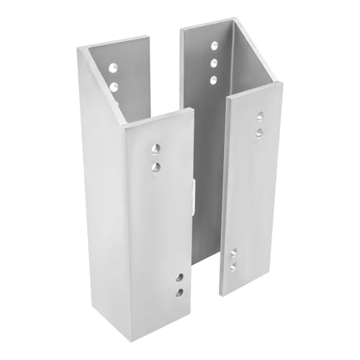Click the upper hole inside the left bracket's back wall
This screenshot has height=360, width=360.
[x=113, y=70]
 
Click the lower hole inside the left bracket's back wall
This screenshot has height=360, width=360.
[x=113, y=86]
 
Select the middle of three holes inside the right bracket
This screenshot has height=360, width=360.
[x=214, y=63]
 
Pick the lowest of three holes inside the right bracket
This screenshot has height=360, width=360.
[x=214, y=78]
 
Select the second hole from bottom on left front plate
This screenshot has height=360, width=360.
[x=179, y=276]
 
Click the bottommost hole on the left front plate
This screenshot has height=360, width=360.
[x=179, y=292]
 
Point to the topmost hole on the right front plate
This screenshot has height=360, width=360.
[x=260, y=115]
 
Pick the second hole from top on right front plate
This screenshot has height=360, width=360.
[x=260, y=132]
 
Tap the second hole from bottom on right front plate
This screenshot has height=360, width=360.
[x=233, y=253]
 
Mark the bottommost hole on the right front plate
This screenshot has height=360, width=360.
[x=233, y=267]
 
